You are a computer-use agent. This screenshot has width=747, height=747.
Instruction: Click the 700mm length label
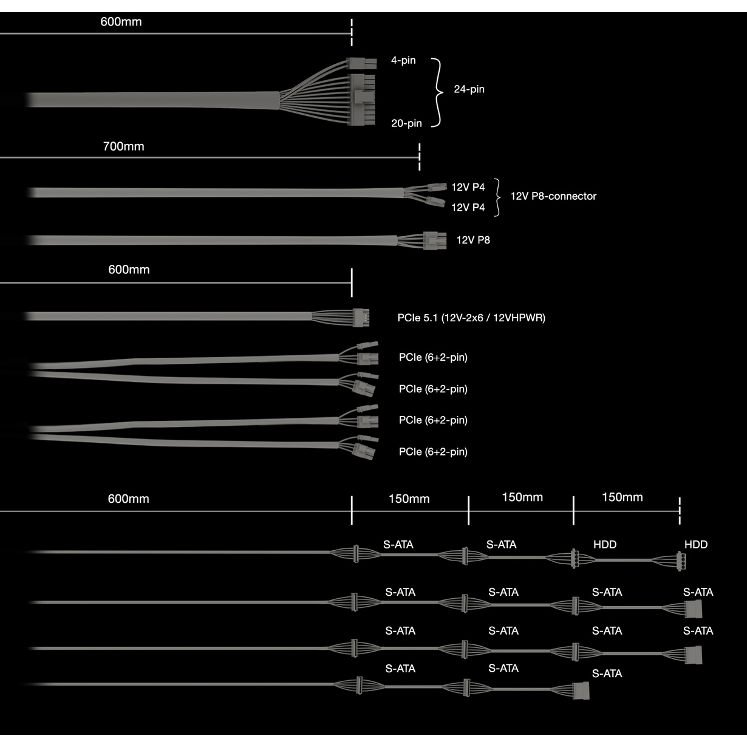click(x=123, y=146)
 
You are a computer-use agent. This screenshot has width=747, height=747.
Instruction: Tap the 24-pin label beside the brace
click(x=469, y=89)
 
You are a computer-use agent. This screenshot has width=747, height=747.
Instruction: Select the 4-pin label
click(x=403, y=61)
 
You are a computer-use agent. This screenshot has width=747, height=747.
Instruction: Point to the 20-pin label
click(x=406, y=123)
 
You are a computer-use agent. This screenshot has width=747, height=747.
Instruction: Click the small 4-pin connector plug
click(x=361, y=63)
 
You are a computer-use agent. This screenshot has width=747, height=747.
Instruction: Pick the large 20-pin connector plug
click(x=362, y=100)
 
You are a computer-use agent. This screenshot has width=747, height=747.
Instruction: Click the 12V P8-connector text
click(x=553, y=196)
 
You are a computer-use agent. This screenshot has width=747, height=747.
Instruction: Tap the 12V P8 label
click(x=473, y=240)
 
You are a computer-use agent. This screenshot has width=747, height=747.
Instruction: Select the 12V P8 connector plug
click(x=435, y=240)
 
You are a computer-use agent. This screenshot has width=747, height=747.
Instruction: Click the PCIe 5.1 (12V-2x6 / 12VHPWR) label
click(x=471, y=318)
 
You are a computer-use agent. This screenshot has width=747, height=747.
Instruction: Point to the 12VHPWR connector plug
click(x=361, y=318)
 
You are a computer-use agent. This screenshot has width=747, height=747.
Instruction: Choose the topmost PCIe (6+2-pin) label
click(x=433, y=358)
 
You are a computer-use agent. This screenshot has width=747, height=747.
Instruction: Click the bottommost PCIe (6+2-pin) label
click(x=433, y=452)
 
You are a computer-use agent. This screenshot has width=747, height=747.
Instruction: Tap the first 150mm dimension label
click(x=409, y=499)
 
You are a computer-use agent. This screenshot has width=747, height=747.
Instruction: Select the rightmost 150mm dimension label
click(x=622, y=497)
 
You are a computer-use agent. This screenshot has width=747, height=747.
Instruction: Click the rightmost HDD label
click(x=696, y=544)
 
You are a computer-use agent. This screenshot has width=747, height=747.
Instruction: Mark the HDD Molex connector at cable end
click(x=681, y=561)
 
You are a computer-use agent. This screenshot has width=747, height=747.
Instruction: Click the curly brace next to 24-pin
click(x=438, y=93)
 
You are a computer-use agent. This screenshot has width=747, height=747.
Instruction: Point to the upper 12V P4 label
click(x=468, y=187)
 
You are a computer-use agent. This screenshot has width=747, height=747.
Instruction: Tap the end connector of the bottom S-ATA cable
click(x=581, y=691)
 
